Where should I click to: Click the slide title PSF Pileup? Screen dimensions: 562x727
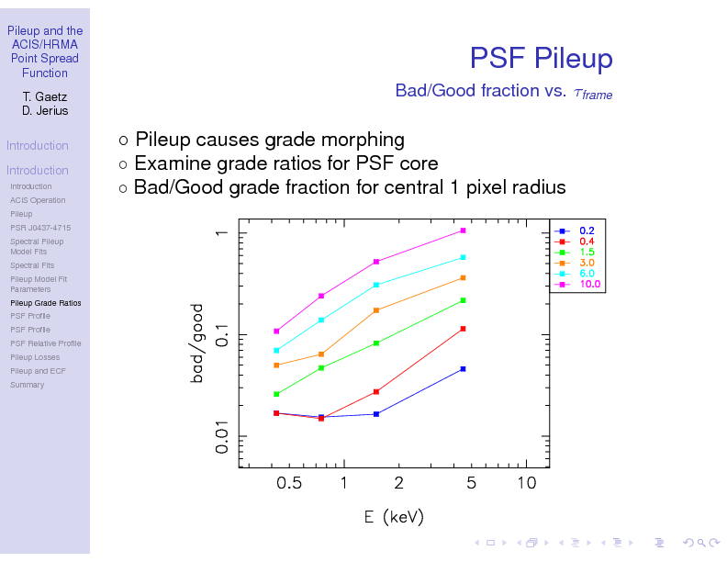coord(541,59)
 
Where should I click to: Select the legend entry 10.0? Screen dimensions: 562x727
coord(589,285)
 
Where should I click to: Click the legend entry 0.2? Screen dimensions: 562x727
coord(587,230)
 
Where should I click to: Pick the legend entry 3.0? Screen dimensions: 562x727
coord(587,263)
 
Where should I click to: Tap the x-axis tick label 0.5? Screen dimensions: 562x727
coord(288,484)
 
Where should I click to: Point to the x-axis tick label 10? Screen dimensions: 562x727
coord(526,484)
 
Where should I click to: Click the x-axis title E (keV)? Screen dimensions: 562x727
coord(394,517)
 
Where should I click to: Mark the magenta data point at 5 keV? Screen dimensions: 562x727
coord(464,230)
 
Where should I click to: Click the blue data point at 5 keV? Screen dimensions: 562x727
coord(464,369)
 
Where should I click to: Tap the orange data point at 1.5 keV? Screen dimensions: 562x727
coord(376,310)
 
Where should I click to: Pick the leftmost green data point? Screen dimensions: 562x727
coord(276,394)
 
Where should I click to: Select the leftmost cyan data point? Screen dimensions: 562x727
coord(276,350)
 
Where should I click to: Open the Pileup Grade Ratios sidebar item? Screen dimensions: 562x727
coord(45,302)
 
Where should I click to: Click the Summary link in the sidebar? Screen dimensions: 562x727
coord(27,385)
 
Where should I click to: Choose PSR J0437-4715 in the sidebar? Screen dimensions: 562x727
coord(40,228)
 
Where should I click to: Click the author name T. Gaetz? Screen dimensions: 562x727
coord(45,96)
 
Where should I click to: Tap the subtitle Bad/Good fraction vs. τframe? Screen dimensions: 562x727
coord(503,91)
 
